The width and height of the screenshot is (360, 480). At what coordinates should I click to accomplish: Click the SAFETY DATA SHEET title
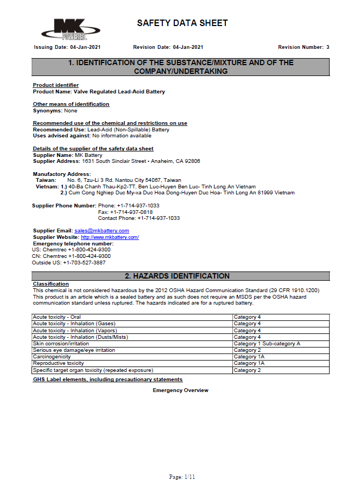[182, 23]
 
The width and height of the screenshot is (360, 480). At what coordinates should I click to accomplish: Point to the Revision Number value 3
[327, 47]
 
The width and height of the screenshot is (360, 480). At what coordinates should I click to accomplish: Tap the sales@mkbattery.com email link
[102, 231]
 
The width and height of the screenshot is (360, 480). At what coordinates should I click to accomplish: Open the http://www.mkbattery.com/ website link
[110, 237]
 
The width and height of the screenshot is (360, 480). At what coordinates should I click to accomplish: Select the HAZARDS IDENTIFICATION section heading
[180, 276]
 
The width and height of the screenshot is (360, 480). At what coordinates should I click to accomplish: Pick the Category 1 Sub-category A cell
[267, 344]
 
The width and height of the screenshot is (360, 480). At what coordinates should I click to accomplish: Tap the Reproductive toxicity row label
[58, 363]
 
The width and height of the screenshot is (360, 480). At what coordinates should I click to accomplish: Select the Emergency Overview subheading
[180, 390]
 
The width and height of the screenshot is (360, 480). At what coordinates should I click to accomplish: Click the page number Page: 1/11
[182, 477]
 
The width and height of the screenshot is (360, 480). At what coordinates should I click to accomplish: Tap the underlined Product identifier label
[55, 85]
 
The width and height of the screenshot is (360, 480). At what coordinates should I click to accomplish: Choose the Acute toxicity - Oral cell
[57, 317]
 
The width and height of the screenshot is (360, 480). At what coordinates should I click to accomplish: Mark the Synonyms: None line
[55, 111]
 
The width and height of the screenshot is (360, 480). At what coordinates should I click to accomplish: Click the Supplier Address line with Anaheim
[116, 161]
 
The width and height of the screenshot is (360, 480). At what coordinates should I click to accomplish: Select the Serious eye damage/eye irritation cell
[74, 350]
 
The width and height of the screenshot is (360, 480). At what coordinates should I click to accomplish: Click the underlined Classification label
[50, 284]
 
